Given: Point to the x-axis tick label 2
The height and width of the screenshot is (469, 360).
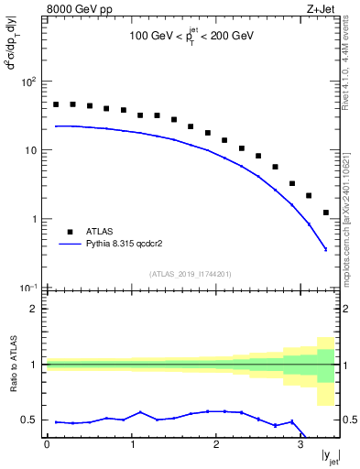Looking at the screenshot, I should pyautogui.click(x=215, y=444).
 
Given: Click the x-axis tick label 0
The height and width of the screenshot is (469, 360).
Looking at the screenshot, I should pyautogui.click(x=47, y=444).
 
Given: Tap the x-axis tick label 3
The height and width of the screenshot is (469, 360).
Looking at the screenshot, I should pyautogui.click(x=300, y=444).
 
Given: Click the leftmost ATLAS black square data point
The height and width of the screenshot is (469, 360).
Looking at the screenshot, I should pyautogui.click(x=55, y=104).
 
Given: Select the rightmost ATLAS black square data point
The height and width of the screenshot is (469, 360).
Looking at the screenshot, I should pyautogui.click(x=326, y=213).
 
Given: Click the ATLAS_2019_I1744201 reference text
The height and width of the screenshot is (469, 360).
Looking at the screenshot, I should pyautogui.click(x=190, y=273).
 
